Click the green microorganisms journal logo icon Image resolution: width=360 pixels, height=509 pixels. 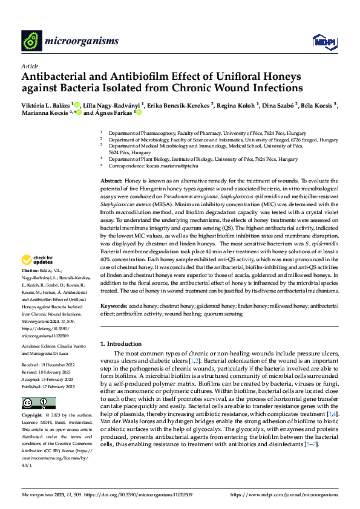click(32, 41)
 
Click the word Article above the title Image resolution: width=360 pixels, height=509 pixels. click(30, 66)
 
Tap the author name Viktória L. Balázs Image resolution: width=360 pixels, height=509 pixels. click(45, 105)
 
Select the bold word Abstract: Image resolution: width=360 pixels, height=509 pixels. click(111, 181)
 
